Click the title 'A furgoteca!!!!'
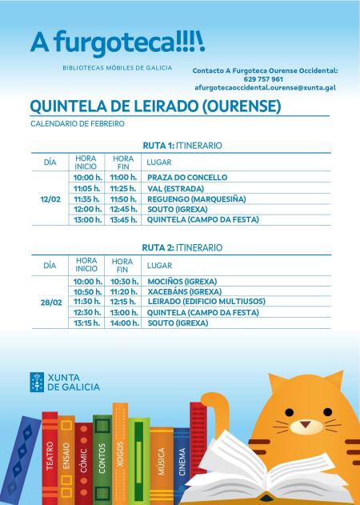[x=117, y=41]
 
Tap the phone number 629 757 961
[x=265, y=79]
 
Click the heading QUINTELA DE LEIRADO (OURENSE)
[x=155, y=106]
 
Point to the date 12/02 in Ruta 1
[x=50, y=198]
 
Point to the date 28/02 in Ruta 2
[x=50, y=303]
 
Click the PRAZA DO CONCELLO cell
[x=187, y=177]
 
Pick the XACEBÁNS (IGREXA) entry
[x=185, y=292]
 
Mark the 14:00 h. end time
[x=125, y=323]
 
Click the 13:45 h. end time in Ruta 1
[x=125, y=219]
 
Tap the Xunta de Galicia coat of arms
[x=36, y=381]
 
